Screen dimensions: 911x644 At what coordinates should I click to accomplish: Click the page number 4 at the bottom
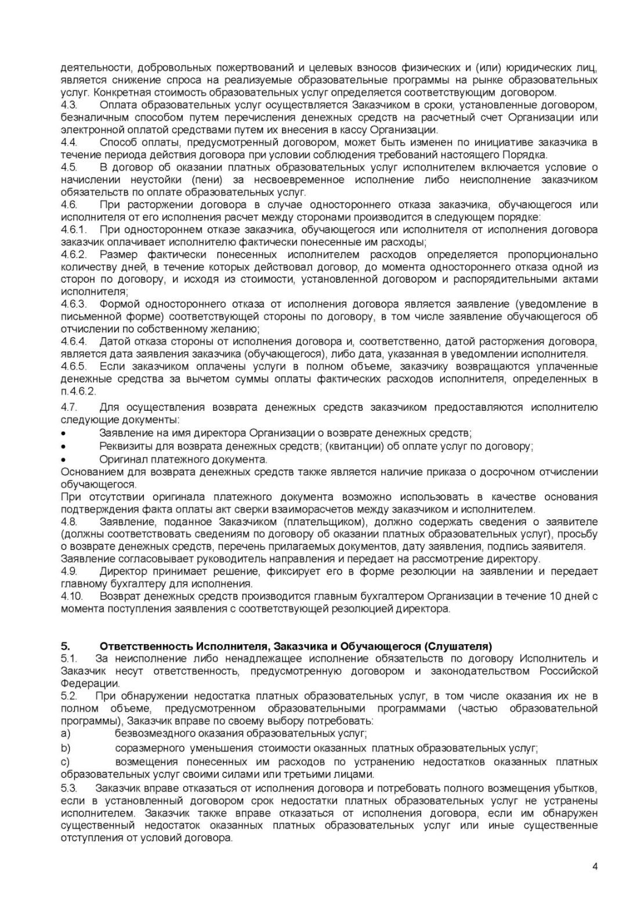(x=595, y=867)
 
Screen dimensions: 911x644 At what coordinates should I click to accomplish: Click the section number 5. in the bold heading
(x=66, y=646)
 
